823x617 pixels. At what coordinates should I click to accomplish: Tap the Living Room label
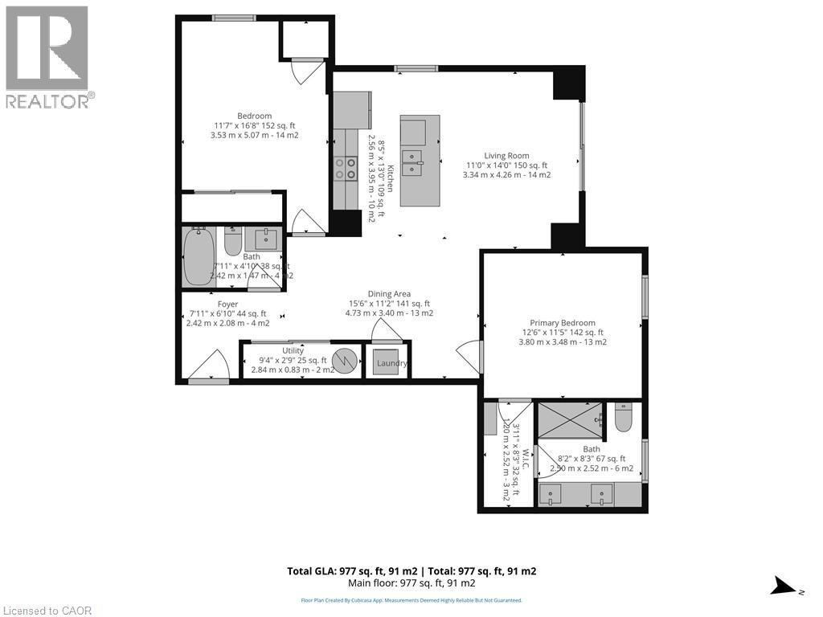(x=506, y=156)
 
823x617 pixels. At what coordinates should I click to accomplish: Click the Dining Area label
(x=389, y=294)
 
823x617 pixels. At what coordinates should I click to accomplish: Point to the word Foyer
(x=228, y=304)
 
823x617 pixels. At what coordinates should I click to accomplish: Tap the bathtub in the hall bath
(x=198, y=257)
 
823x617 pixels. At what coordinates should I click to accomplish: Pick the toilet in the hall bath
(x=232, y=241)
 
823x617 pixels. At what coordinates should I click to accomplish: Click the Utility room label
(x=293, y=351)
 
